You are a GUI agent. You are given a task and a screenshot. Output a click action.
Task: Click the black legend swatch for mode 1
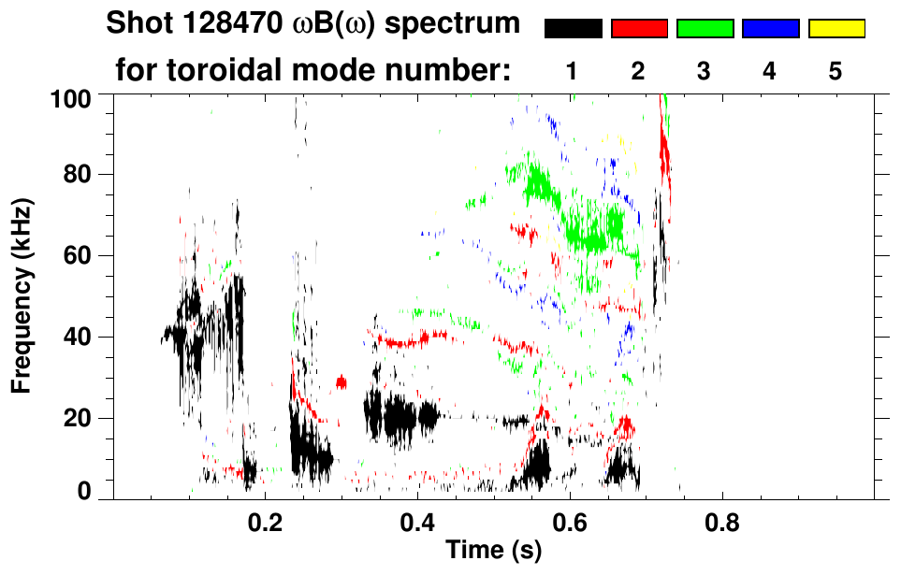(573, 29)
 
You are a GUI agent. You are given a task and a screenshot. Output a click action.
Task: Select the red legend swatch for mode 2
(639, 29)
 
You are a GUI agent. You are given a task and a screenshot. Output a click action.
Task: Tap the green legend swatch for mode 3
(705, 29)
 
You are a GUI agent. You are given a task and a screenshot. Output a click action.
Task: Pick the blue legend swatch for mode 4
(771, 29)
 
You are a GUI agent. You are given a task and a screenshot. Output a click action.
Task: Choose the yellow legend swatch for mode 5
(836, 29)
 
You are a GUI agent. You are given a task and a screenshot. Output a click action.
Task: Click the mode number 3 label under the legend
(705, 72)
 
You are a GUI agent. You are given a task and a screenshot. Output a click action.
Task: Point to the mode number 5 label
(836, 72)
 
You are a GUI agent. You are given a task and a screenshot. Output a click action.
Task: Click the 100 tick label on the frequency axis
(69, 97)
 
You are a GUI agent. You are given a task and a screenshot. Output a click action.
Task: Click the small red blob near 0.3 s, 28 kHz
(342, 381)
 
